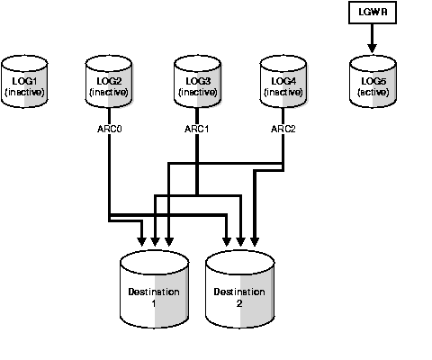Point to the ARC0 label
pyautogui.click(x=109, y=129)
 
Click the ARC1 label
pyautogui.click(x=196, y=129)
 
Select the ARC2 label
pyautogui.click(x=283, y=129)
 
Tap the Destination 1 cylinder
pyautogui.click(x=154, y=292)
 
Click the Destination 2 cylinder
pyautogui.click(x=239, y=292)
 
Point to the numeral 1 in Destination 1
pyautogui.click(x=154, y=304)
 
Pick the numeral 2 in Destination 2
pyautogui.click(x=239, y=304)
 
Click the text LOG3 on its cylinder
pyautogui.click(x=196, y=80)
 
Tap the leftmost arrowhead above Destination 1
pyautogui.click(x=141, y=241)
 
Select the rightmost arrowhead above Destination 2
pyautogui.click(x=254, y=241)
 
